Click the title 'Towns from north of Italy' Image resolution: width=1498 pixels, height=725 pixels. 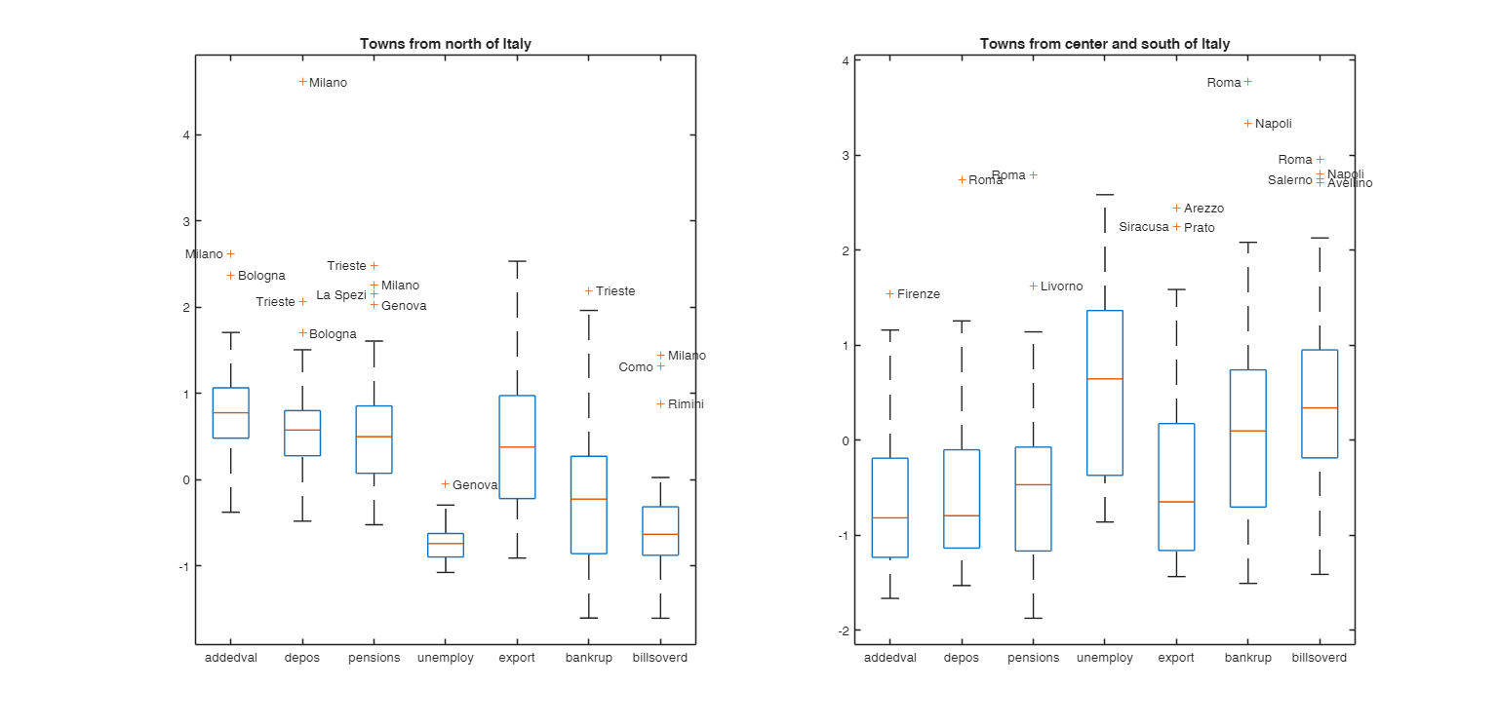[445, 44]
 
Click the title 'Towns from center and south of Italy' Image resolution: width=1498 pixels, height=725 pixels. [1104, 44]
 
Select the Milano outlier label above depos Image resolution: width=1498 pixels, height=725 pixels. [328, 83]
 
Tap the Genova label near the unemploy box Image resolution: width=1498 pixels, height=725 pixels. [475, 485]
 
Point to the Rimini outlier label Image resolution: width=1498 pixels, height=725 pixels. [686, 404]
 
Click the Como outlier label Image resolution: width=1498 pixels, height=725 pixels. [635, 367]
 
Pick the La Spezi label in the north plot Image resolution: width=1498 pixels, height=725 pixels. [340, 294]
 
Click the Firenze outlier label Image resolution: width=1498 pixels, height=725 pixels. [918, 294]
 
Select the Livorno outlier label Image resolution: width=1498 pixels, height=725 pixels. [1061, 286]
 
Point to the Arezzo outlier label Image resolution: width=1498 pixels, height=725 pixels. [1203, 209]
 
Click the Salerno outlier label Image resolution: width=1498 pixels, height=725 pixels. [1289, 180]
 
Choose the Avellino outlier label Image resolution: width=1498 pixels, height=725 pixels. [1350, 183]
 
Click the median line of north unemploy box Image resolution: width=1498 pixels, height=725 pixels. [445, 544]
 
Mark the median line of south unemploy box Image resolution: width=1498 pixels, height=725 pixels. [1104, 378]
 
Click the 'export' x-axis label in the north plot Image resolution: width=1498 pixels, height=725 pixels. [516, 658]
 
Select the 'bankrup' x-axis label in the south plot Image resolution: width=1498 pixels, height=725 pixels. [1247, 658]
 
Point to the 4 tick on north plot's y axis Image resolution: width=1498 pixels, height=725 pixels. [185, 135]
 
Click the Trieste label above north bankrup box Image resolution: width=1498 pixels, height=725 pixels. [615, 291]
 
